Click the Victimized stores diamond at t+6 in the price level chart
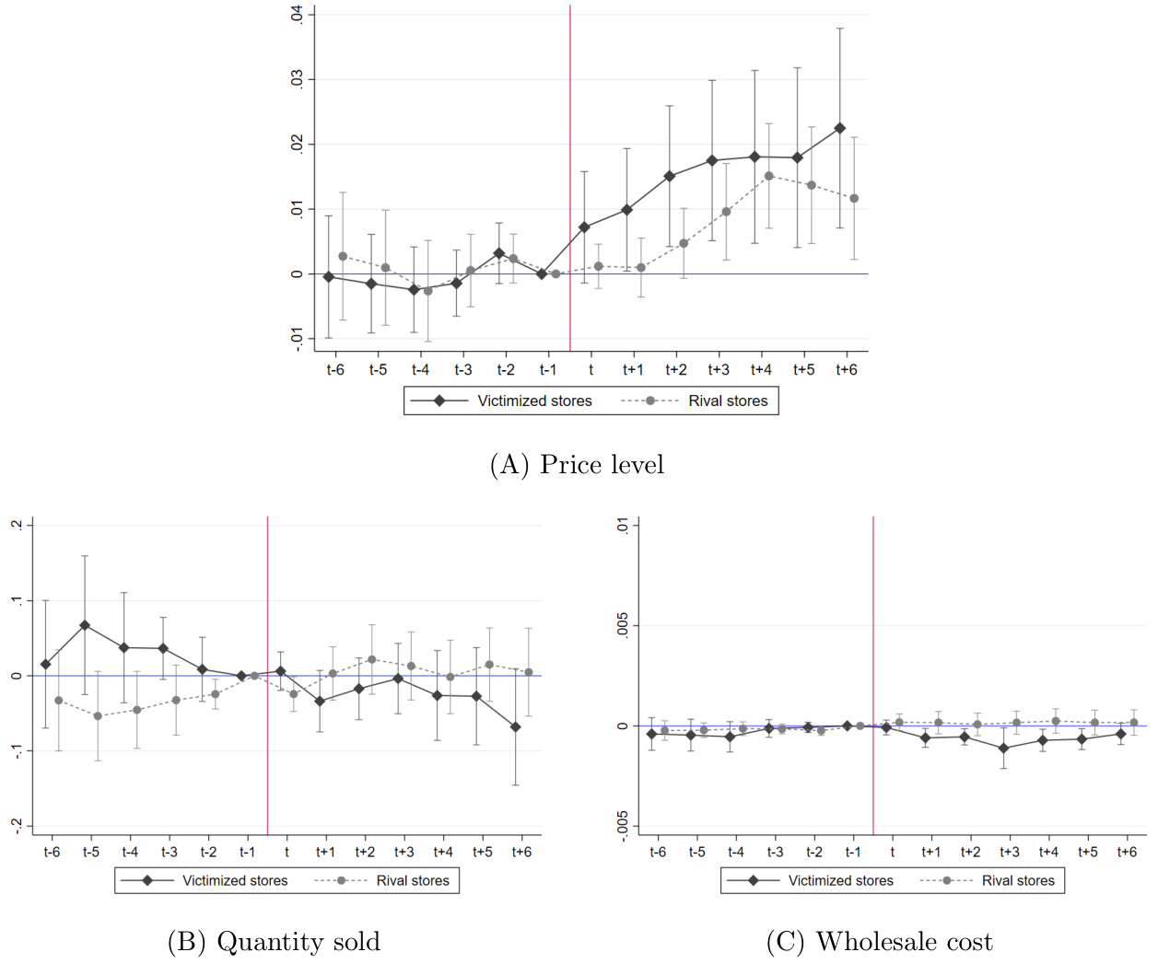[839, 129]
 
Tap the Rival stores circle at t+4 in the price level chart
[768, 176]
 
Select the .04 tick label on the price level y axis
[297, 15]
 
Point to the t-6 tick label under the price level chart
[335, 370]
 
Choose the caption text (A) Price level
[577, 465]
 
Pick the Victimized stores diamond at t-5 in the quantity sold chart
[85, 625]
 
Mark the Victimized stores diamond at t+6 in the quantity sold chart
[516, 727]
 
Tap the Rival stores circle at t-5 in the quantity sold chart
[98, 716]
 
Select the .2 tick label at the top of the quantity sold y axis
[16, 525]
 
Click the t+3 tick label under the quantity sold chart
[404, 853]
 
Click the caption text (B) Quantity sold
[274, 942]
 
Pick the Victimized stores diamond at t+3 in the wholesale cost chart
[1004, 749]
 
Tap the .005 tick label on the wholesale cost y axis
[623, 625]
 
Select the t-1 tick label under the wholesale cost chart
[853, 853]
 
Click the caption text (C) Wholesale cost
[879, 942]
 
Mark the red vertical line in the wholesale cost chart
[873, 645]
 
